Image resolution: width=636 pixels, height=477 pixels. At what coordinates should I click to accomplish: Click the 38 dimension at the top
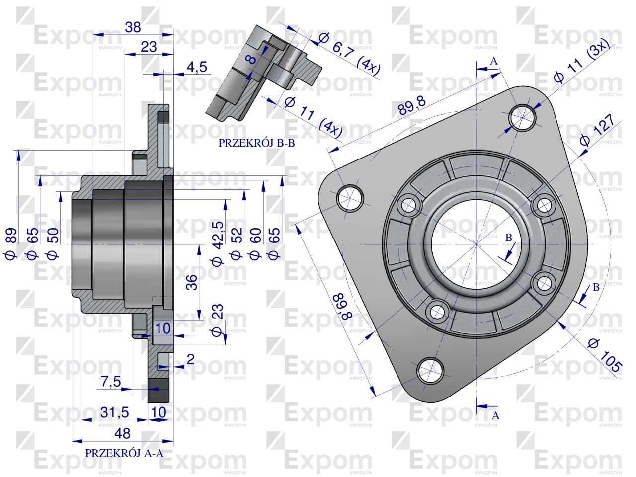[x=133, y=27]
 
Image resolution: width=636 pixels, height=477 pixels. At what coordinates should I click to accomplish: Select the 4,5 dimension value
[x=197, y=67]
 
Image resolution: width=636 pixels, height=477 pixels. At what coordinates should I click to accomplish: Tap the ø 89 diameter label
[x=11, y=243]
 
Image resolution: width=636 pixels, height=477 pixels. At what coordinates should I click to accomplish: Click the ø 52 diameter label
[x=236, y=243]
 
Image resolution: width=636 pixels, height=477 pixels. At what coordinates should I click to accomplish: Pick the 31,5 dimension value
[x=115, y=412]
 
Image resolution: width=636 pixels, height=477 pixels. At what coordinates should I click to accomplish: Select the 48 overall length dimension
[x=122, y=434]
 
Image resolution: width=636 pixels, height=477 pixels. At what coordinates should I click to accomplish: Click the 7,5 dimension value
[x=111, y=382]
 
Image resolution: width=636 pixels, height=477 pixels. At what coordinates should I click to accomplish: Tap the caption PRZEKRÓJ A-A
[x=124, y=453]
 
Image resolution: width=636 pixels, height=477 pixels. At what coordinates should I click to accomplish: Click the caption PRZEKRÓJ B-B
[x=256, y=143]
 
